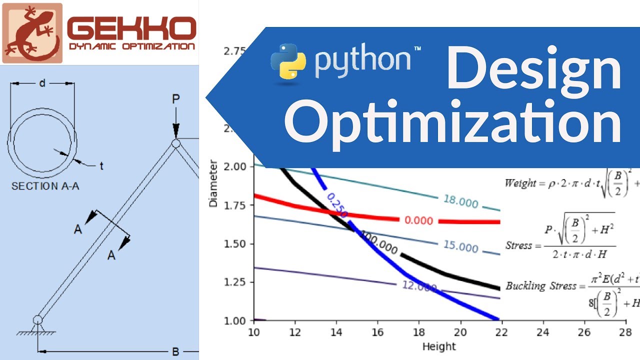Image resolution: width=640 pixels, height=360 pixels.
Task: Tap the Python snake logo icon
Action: (x=288, y=62)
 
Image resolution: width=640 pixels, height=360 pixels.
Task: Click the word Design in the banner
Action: (x=533, y=69)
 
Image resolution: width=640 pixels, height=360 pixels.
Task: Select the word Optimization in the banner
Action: (x=453, y=121)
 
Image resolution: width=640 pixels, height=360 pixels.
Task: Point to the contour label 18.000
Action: (x=460, y=201)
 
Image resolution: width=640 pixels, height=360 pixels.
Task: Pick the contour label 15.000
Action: (x=460, y=246)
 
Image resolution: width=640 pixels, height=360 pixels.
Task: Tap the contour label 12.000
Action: (x=419, y=286)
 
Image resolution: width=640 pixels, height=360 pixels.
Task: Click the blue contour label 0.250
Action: (x=337, y=204)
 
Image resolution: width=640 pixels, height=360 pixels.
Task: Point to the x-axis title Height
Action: (x=439, y=346)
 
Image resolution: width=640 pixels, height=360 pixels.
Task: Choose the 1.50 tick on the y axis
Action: (x=235, y=243)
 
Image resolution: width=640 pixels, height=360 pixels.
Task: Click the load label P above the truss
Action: (x=175, y=99)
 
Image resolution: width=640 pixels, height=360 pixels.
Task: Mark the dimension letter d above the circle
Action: (x=42, y=83)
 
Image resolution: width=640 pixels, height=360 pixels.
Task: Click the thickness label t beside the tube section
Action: (x=101, y=166)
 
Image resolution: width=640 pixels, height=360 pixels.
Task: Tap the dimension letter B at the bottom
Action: (x=175, y=351)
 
